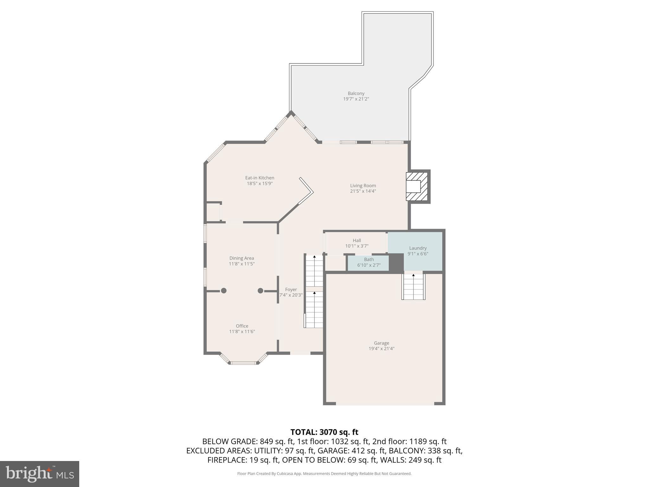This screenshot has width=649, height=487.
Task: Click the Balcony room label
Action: click(356, 93)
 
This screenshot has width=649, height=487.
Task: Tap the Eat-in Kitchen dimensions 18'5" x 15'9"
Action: click(260, 183)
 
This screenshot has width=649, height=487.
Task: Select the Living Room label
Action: click(363, 185)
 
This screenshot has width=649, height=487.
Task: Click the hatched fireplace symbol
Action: click(416, 186)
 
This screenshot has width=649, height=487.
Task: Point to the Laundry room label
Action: click(418, 248)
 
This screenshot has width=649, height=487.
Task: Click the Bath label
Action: click(369, 259)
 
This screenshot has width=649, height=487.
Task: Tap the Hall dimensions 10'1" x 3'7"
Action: click(357, 246)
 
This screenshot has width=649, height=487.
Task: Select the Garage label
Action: click(381, 343)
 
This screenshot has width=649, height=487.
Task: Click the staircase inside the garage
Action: click(413, 287)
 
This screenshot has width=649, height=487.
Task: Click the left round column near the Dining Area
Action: click(224, 290)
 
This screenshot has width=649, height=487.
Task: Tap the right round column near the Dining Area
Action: click(260, 290)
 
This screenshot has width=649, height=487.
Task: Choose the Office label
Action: click(242, 326)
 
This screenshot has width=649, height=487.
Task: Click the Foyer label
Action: click(291, 289)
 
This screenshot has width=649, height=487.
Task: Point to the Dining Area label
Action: click(241, 258)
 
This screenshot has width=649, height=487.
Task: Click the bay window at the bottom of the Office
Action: click(243, 363)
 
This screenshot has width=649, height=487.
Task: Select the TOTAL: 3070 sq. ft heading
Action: click(324, 432)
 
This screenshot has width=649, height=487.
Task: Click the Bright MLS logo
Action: click(40, 474)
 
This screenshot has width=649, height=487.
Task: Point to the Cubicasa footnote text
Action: click(324, 474)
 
